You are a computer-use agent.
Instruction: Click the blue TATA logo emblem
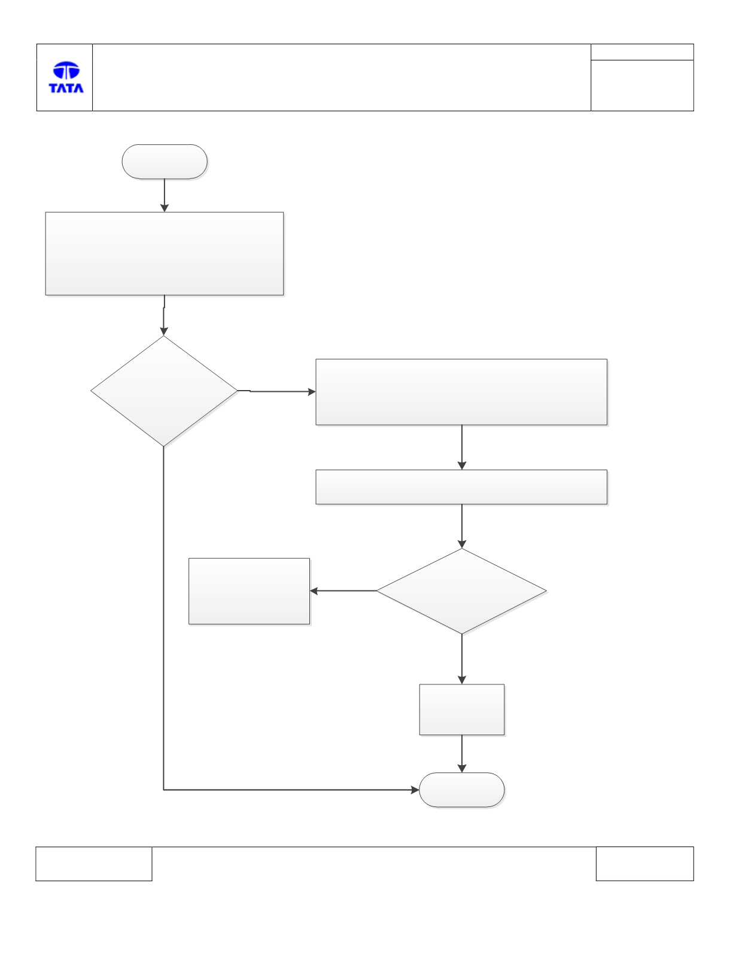66,71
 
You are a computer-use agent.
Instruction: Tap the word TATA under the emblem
66,88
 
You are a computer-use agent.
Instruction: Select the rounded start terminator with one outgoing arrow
165,162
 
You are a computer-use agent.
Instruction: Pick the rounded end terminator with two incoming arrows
462,790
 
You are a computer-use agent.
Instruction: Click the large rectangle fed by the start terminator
165,254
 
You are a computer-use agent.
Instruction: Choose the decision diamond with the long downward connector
164,391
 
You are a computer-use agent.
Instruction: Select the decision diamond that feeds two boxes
461,591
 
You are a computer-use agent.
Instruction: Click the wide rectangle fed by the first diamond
461,392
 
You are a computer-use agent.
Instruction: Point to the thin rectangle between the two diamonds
461,487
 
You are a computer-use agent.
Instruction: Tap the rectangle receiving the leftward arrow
249,591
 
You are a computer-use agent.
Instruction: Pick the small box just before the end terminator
462,710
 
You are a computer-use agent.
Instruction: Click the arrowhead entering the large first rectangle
165,208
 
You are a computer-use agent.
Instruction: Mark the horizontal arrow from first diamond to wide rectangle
276,391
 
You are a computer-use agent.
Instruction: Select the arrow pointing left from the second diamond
343,591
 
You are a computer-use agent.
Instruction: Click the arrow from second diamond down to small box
462,659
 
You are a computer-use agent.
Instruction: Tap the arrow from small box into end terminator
462,754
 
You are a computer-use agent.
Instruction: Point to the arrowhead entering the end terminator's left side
415,790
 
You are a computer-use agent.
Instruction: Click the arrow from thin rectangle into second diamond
462,526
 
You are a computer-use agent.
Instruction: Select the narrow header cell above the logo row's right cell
642,52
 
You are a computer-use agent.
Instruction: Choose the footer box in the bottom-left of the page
94,863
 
